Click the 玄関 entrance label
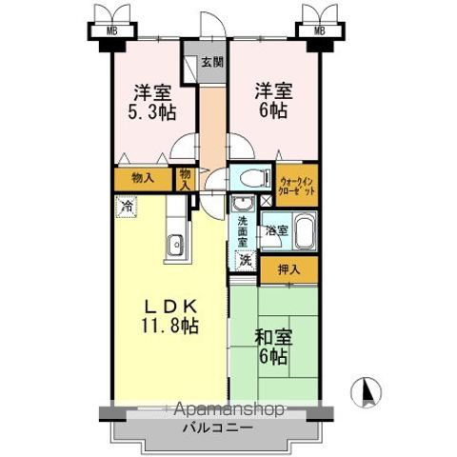tap(212, 64)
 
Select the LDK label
tap(170, 307)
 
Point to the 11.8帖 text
tap(171, 326)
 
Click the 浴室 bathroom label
tap(275, 231)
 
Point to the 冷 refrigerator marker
tap(127, 204)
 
